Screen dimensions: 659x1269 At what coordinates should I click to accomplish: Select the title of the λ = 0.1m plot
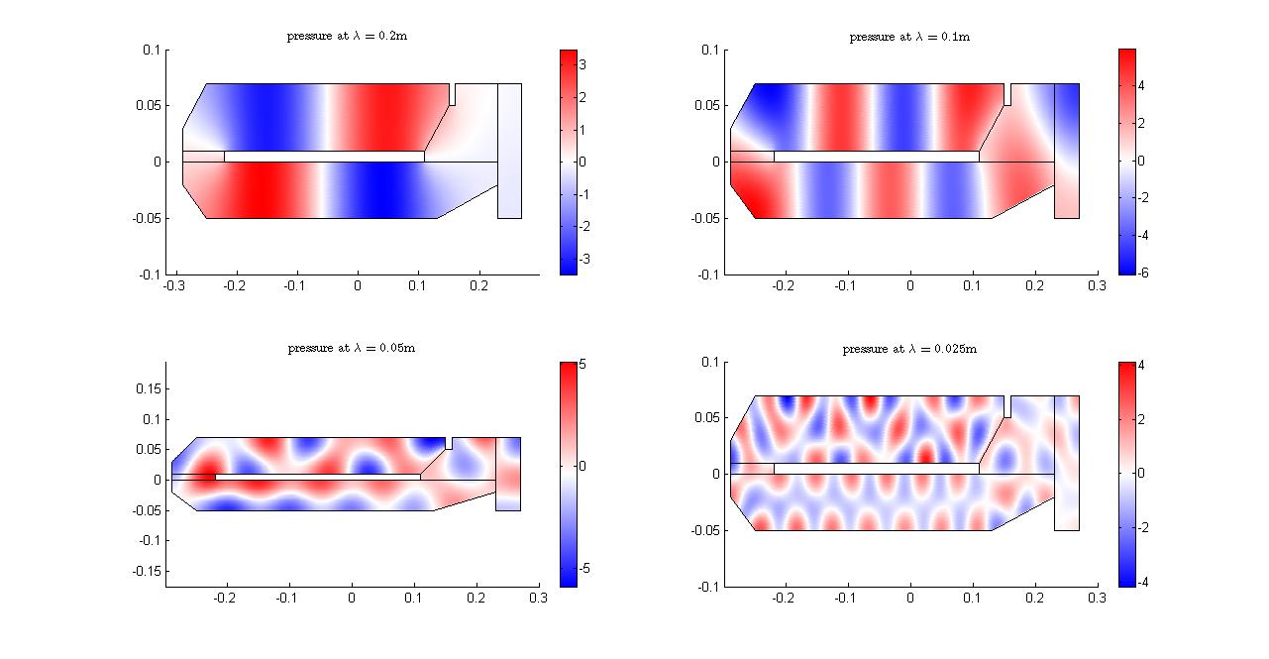908,37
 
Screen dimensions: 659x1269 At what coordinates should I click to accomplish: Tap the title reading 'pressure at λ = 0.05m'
351,349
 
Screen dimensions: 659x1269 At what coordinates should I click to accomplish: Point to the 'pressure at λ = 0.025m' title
908,349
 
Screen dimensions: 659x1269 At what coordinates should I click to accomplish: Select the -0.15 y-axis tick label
145,571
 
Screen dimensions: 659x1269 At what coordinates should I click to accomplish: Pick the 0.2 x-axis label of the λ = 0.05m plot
476,598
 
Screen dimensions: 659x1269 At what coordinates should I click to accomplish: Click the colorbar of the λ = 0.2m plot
568,161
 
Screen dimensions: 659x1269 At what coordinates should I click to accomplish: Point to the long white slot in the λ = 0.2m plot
324,157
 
